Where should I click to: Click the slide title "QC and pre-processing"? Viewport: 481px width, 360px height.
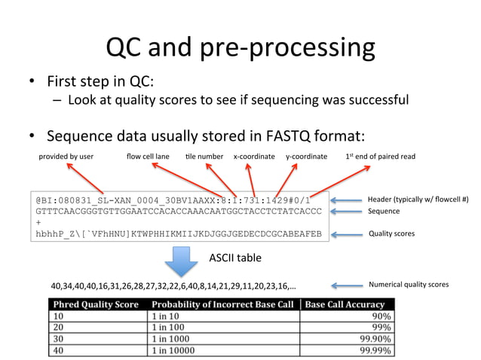tap(240, 48)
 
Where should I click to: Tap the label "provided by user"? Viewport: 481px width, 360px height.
tap(66, 157)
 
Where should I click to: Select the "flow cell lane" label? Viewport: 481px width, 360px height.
tap(148, 157)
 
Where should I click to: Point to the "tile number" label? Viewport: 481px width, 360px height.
tap(204, 157)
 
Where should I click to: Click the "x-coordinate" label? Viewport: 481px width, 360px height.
tap(254, 157)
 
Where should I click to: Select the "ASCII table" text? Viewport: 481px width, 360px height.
tap(235, 258)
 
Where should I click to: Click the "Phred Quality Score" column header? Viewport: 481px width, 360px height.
tap(94, 304)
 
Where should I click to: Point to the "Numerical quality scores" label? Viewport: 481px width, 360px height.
tap(409, 285)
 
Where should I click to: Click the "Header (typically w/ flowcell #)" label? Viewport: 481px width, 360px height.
tap(418, 200)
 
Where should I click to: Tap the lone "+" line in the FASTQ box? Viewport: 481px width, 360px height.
tap(38, 223)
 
